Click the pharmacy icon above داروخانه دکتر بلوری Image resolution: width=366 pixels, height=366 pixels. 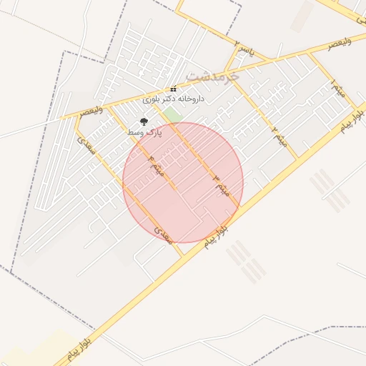172,89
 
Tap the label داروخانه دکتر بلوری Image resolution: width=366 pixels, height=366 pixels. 174,99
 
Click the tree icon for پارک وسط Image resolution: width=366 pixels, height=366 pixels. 144,122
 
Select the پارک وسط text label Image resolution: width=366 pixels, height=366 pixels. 144,133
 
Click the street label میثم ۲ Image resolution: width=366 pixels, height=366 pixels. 278,132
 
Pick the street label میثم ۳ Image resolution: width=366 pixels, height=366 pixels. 218,184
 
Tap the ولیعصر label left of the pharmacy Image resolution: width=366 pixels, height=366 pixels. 91,112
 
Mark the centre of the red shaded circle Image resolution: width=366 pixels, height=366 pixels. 183,182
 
